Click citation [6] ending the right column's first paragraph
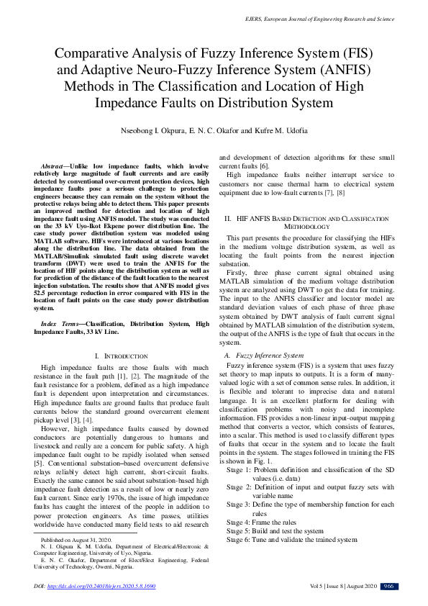click(x=265, y=166)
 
